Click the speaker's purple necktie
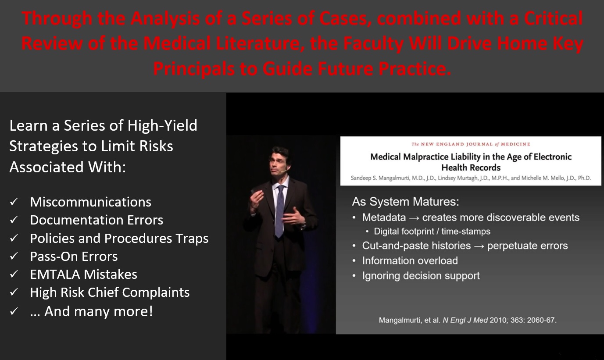coord(280,210)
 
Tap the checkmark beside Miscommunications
coord(14,202)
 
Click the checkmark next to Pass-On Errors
coord(14,256)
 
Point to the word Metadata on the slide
coord(384,217)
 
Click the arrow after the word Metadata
coord(414,218)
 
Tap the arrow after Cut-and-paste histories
coord(479,246)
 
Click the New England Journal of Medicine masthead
coord(471,144)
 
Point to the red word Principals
coord(194,69)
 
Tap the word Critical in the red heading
coord(553,18)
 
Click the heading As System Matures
coord(405,202)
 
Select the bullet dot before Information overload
coord(354,261)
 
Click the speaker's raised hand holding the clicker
coord(256,199)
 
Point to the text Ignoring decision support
coord(421,276)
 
